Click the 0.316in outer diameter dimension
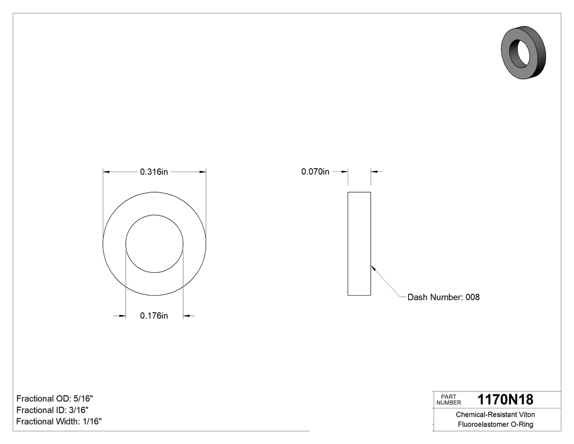[154, 172]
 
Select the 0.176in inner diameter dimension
[154, 315]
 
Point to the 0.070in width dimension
[315, 172]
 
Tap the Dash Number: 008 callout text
[443, 297]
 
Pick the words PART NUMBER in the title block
[448, 400]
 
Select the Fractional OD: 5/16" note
[51, 399]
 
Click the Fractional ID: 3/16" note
[50, 410]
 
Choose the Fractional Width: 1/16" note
[59, 422]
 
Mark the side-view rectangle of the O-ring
[359, 244]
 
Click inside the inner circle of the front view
[154, 244]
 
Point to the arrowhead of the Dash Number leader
[373, 268]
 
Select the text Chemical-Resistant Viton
[495, 415]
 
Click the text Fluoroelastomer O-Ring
[495, 425]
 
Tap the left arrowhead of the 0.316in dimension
[107, 172]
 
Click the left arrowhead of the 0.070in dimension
[345, 172]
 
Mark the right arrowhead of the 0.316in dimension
[203, 172]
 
